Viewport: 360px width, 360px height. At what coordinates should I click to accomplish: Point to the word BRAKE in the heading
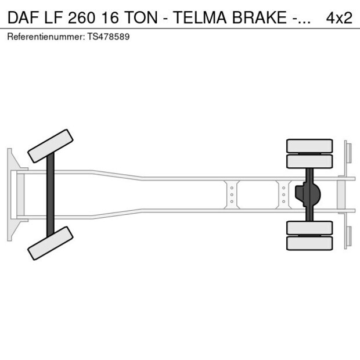pos(265,18)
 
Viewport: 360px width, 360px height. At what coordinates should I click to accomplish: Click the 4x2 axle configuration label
pos(339,18)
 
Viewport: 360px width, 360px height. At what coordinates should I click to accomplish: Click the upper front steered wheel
pos(51,146)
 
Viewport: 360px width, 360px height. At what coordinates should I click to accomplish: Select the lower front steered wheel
pos(51,243)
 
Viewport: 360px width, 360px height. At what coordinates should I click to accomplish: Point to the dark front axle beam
pos(51,195)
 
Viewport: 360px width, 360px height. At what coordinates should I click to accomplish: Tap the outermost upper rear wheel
pos(309,145)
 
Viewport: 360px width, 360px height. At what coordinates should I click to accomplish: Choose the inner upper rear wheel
pos(309,161)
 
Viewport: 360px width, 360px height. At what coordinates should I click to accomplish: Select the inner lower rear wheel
pos(309,228)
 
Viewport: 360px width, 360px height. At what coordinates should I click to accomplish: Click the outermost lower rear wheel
pos(309,243)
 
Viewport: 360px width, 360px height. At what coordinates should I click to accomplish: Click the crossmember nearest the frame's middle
pos(232,195)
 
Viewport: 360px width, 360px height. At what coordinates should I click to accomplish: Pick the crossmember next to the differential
pos(283,195)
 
